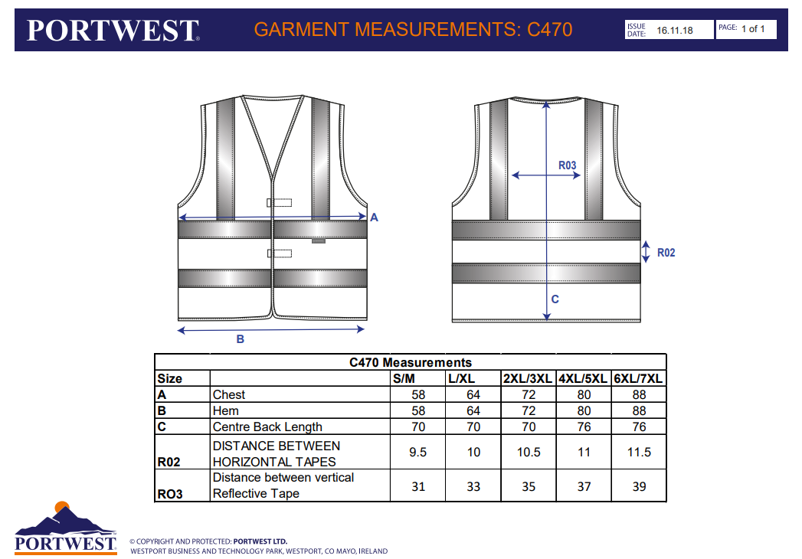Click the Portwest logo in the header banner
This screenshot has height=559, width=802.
[113, 30]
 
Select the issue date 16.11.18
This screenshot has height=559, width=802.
[675, 30]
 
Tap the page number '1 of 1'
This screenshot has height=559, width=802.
[753, 28]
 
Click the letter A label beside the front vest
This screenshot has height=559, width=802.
[374, 217]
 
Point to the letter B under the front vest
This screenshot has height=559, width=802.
[240, 339]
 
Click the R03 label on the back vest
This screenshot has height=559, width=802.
[568, 165]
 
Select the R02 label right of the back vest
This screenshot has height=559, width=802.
[666, 253]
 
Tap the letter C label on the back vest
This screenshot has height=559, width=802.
[555, 299]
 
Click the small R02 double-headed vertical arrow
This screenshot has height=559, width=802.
[646, 252]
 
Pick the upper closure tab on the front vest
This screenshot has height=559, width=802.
[280, 202]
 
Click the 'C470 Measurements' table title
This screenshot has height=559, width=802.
[411, 363]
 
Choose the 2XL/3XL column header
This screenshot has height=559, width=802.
[527, 378]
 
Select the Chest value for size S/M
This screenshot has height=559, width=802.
[418, 395]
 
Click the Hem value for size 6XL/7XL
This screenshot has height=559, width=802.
[639, 410]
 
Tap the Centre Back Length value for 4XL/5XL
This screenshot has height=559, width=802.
[584, 427]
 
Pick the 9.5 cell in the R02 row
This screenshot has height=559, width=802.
[418, 452]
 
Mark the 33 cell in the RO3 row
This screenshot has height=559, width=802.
[473, 486]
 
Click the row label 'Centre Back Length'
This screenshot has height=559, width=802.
[267, 427]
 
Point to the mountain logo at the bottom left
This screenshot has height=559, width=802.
[65, 528]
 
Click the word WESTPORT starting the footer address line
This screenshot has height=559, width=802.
[152, 551]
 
